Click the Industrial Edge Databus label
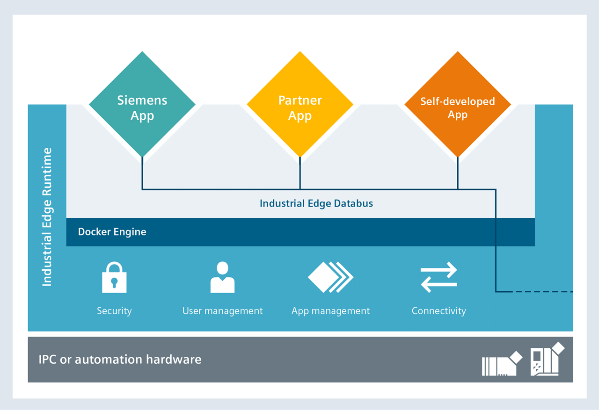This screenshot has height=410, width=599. [316, 203]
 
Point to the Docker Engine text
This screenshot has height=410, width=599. [112, 232]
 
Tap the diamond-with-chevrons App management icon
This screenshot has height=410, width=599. [330, 277]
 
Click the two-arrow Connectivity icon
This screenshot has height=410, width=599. [438, 277]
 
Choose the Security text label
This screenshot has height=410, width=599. [114, 311]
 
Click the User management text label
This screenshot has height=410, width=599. [222, 311]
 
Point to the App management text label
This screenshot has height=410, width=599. [330, 311]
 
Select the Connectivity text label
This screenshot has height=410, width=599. [438, 311]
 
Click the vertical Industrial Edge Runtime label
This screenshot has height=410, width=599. [47, 217]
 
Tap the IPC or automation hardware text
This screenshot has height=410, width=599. [120, 360]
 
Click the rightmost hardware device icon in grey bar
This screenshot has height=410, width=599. [547, 359]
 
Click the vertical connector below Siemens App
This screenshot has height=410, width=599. [142, 173]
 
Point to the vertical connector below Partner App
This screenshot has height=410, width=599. [300, 173]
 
